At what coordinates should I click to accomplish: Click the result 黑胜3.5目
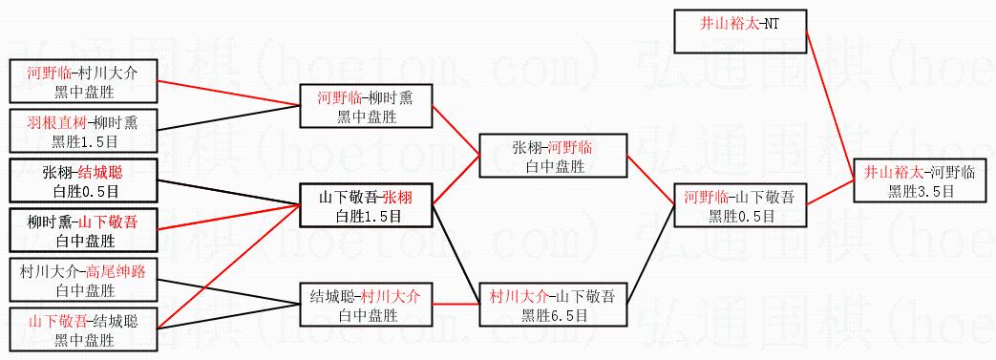pos(922,190)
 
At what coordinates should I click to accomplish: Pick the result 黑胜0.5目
pos(741,215)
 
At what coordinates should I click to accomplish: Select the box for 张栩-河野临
pos(552,156)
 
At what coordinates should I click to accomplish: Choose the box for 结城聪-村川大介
pos(367,305)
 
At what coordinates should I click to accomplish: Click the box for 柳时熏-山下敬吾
pos(83,231)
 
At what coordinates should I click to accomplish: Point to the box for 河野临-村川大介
pos(83,81)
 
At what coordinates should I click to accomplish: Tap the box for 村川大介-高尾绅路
pos(83,281)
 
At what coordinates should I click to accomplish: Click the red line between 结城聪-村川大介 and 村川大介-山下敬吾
pos(456,305)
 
